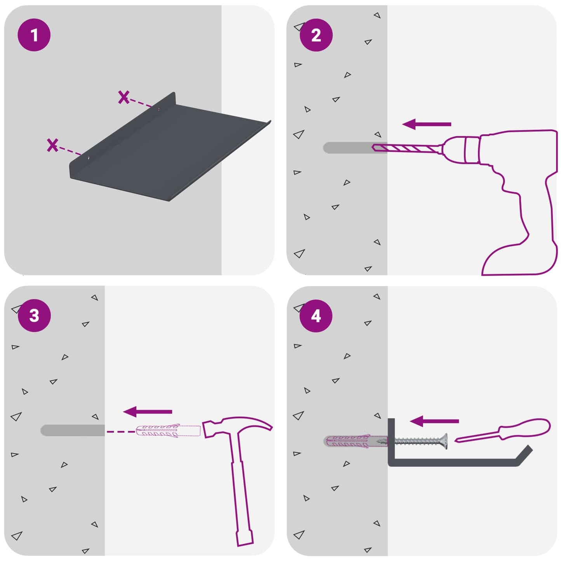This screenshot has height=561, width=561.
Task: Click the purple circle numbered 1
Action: pyautogui.click(x=34, y=35)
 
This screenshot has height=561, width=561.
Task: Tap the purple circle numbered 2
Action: pyautogui.click(x=316, y=35)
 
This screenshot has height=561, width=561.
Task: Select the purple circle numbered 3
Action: pyautogui.click(x=34, y=316)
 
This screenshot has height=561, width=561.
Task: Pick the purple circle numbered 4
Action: pyautogui.click(x=316, y=316)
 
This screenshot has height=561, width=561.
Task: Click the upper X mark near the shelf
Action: pyautogui.click(x=124, y=97)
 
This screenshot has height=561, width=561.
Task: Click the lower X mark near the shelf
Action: pyautogui.click(x=52, y=145)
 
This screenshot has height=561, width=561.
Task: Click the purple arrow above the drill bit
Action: pyautogui.click(x=427, y=124)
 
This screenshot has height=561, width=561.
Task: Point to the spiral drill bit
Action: pyautogui.click(x=408, y=149)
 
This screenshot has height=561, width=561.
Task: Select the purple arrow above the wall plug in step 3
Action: pyautogui.click(x=148, y=412)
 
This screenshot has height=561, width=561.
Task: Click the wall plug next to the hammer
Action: pyautogui.click(x=168, y=431)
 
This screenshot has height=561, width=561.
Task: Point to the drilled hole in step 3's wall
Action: pyautogui.click(x=73, y=430)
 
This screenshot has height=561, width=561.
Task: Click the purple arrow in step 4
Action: pyautogui.click(x=434, y=421)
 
